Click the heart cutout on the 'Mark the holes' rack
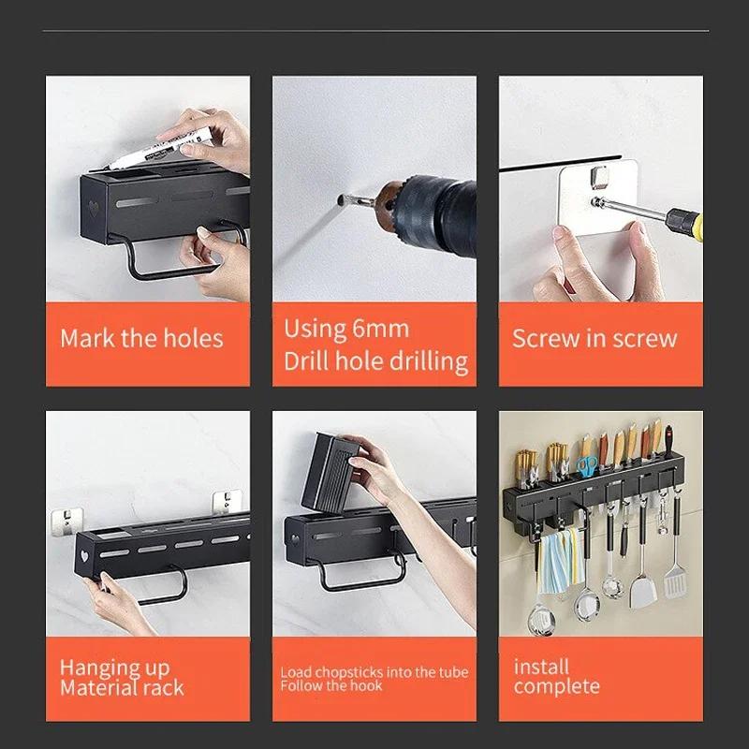click(x=95, y=204)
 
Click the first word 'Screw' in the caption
click(x=545, y=338)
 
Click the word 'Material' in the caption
click(x=99, y=688)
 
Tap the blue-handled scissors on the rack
click(x=587, y=467)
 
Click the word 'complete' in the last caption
click(x=556, y=687)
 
